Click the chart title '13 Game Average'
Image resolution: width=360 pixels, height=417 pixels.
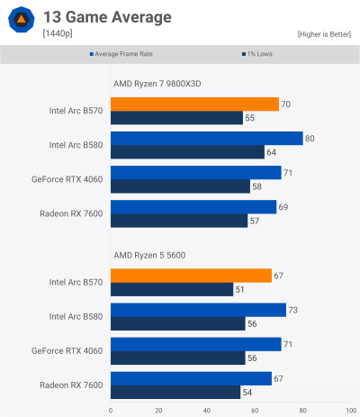click(x=106, y=16)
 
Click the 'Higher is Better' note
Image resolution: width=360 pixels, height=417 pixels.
click(x=324, y=33)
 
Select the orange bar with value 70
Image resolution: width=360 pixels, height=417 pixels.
click(x=194, y=104)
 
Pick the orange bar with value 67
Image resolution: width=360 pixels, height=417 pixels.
click(x=191, y=276)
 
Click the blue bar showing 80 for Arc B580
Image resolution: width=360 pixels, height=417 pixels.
click(x=206, y=138)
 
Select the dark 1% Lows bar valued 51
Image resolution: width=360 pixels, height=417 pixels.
click(x=172, y=289)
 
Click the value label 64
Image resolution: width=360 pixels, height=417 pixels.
click(x=271, y=152)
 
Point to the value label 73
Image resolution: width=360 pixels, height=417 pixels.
click(x=292, y=310)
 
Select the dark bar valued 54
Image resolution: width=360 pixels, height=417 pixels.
click(x=175, y=392)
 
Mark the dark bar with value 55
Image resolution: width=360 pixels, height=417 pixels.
click(x=176, y=118)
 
